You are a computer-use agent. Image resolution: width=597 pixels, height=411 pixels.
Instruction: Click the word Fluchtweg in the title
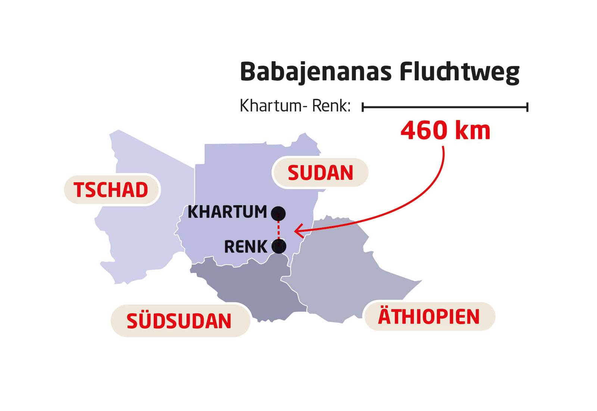click(x=459, y=72)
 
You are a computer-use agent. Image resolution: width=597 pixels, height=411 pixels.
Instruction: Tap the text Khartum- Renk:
click(x=295, y=106)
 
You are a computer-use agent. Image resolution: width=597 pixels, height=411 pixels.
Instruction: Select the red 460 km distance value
click(x=446, y=131)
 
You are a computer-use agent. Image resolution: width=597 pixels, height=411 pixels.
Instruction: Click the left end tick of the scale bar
click(x=363, y=108)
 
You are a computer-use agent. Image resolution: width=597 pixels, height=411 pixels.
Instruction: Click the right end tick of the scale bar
click(x=527, y=108)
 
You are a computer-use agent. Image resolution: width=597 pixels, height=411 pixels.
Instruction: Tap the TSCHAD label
click(x=111, y=190)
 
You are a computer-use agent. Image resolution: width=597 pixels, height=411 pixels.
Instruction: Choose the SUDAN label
click(x=320, y=173)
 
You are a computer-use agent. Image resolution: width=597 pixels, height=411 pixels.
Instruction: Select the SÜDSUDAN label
click(x=179, y=321)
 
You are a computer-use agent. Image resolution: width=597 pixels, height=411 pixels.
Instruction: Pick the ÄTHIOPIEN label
click(x=429, y=316)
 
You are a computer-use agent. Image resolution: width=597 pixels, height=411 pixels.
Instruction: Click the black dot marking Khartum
click(x=278, y=214)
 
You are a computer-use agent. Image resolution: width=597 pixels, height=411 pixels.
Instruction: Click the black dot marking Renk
click(x=279, y=246)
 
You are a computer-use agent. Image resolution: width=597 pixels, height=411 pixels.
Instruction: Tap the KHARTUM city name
click(x=227, y=212)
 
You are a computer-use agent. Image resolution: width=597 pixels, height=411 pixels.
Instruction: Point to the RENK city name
click(x=246, y=247)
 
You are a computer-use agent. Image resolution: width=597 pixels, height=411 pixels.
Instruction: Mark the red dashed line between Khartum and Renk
click(x=278, y=230)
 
